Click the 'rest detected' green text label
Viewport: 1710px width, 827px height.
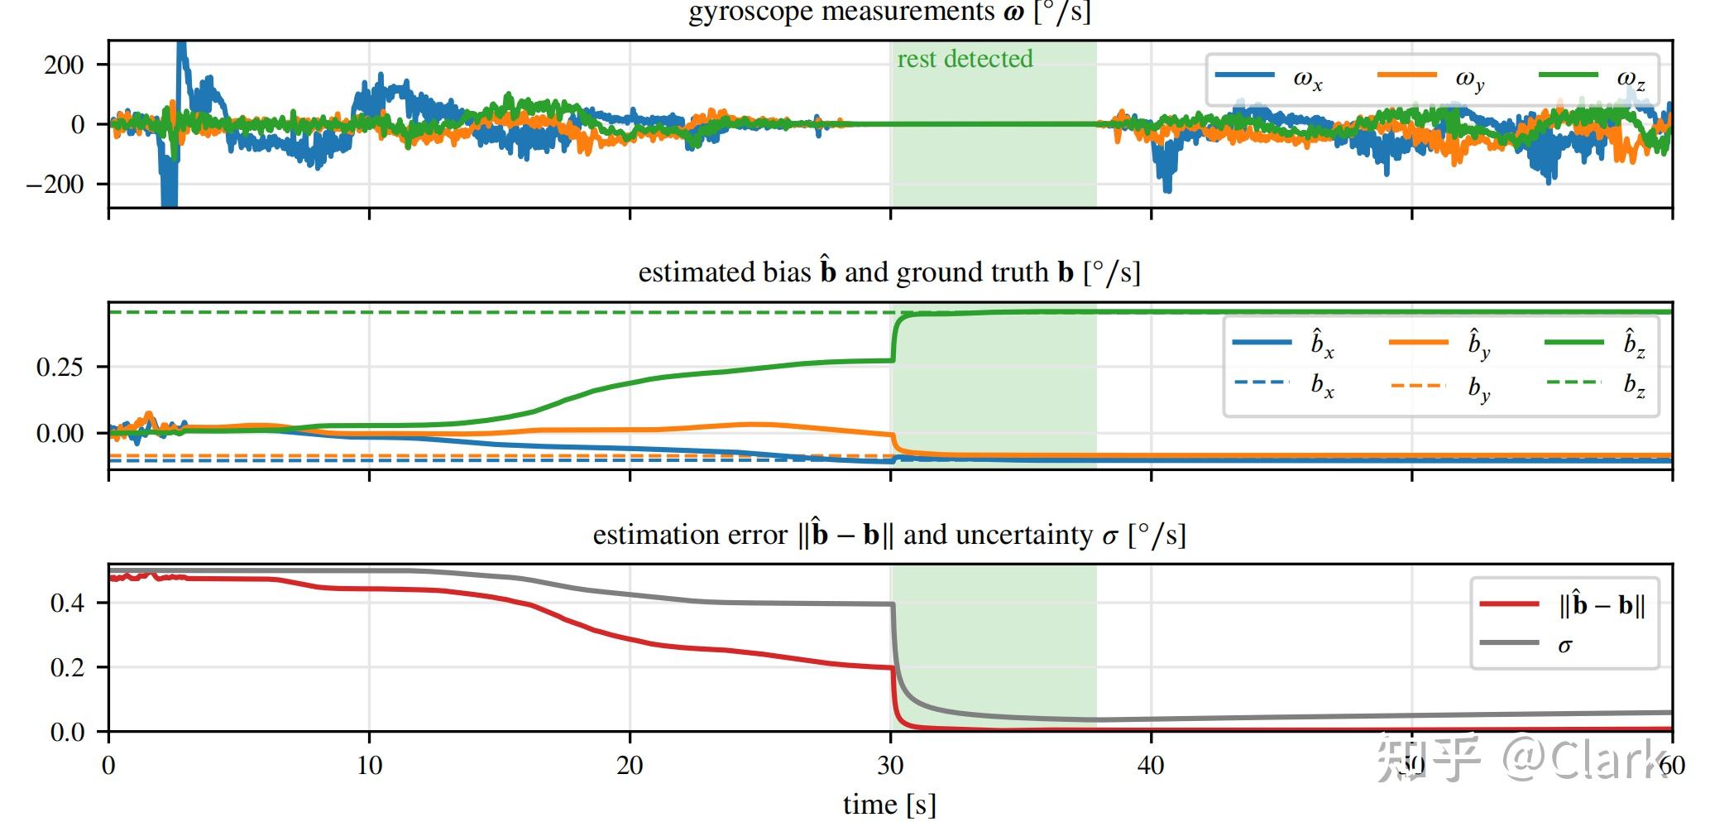(965, 59)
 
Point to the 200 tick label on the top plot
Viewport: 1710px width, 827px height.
(64, 65)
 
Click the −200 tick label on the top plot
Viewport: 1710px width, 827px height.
(55, 184)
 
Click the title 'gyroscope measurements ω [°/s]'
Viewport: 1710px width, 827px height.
(889, 12)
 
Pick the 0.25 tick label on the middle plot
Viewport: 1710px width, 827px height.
(60, 367)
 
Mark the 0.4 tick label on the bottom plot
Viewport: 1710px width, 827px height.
(67, 603)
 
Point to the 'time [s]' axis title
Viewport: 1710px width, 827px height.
(889, 804)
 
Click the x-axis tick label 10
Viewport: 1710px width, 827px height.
(369, 765)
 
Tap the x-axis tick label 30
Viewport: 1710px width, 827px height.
(890, 765)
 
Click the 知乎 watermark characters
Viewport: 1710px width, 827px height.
(1427, 759)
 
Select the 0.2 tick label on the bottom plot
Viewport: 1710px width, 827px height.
(67, 668)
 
